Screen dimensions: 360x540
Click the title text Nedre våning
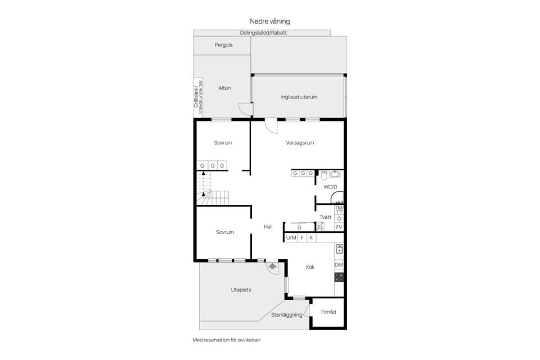point(269,21)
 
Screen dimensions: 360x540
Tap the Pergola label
point(223,45)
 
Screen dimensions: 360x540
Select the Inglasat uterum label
point(299,97)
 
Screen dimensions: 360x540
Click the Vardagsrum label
point(299,143)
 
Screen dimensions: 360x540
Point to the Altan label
point(224,88)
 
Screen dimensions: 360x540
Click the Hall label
point(268,227)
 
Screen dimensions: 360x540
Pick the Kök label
point(310,267)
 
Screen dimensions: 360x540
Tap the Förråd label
point(328,312)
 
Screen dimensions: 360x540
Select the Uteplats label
point(241,290)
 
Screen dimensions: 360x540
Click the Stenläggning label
point(286,315)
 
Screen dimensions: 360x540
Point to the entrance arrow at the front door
point(273,267)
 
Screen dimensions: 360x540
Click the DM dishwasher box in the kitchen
point(339,265)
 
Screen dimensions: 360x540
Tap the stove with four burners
point(339,277)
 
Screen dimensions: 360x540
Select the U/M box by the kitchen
point(291,238)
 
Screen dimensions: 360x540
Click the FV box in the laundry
point(339,227)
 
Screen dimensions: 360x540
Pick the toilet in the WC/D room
point(325,174)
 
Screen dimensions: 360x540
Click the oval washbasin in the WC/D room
point(336,174)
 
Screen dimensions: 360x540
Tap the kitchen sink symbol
point(339,249)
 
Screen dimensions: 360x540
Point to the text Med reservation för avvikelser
point(227,340)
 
